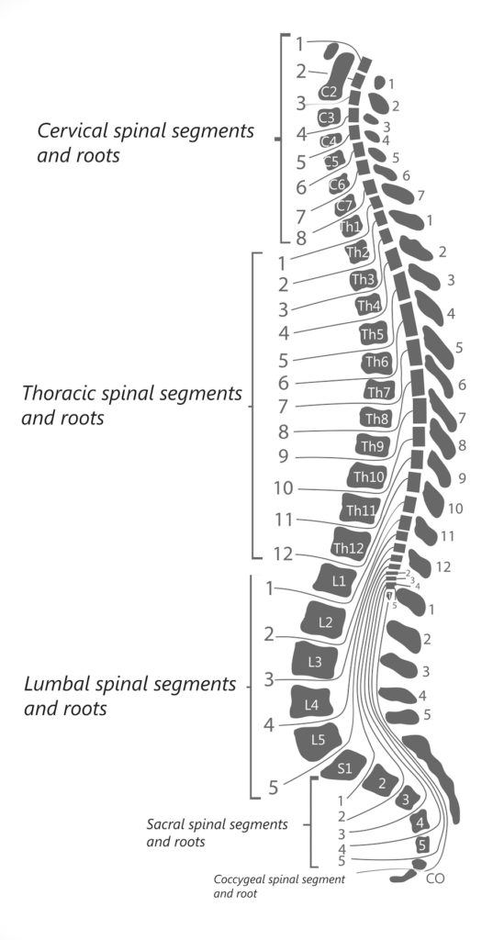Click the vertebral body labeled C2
point(330,92)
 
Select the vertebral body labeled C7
point(344,206)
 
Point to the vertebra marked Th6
point(376,363)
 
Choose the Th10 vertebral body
point(368,476)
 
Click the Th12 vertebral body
point(349,548)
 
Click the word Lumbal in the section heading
point(53,686)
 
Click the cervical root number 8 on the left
point(300,238)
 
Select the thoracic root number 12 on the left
point(284,554)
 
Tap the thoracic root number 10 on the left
point(284,488)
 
